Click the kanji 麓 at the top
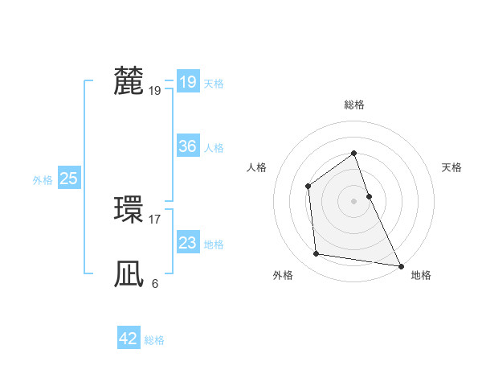(129, 81)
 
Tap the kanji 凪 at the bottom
(129, 273)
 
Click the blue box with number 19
(187, 82)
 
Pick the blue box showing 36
(187, 146)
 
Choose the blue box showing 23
(187, 243)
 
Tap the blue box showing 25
(68, 179)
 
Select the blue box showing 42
(129, 339)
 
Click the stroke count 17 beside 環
(154, 219)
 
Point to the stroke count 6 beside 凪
(154, 283)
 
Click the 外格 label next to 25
(43, 180)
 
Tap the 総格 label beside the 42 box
(154, 340)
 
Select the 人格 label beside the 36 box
(214, 148)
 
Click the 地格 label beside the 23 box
(214, 244)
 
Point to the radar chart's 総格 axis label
(353, 105)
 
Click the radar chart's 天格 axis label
(451, 167)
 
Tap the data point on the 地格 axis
(401, 265)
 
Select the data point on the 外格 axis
(317, 254)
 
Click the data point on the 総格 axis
(353, 153)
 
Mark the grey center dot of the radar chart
(353, 200)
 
